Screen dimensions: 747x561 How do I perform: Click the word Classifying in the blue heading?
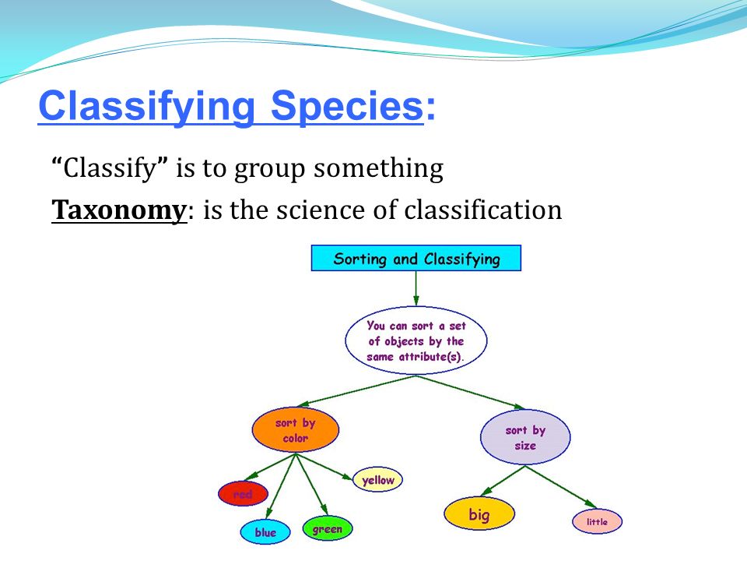[x=147, y=107]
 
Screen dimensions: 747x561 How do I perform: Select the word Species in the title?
[x=347, y=107]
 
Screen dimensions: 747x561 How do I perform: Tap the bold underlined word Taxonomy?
[x=119, y=210]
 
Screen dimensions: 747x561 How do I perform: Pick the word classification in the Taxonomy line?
[x=482, y=210]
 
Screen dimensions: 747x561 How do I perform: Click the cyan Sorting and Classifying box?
[x=416, y=258]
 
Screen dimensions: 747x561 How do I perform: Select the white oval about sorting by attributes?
[x=416, y=340]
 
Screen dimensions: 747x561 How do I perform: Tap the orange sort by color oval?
[x=296, y=430]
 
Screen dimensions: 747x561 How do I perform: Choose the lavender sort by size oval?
[x=525, y=437]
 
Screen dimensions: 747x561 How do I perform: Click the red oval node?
[x=243, y=494]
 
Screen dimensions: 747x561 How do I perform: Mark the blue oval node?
[x=265, y=531]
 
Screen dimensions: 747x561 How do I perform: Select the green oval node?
[x=328, y=528]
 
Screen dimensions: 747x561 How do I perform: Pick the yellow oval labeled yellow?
[x=378, y=479]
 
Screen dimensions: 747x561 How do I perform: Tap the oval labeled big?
[x=479, y=513]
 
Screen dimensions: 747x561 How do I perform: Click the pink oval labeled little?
[x=597, y=521]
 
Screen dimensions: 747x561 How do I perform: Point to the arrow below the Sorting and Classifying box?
[x=416, y=288]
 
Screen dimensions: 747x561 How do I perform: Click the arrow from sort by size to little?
[x=561, y=487]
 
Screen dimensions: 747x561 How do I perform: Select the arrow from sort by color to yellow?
[x=324, y=466]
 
